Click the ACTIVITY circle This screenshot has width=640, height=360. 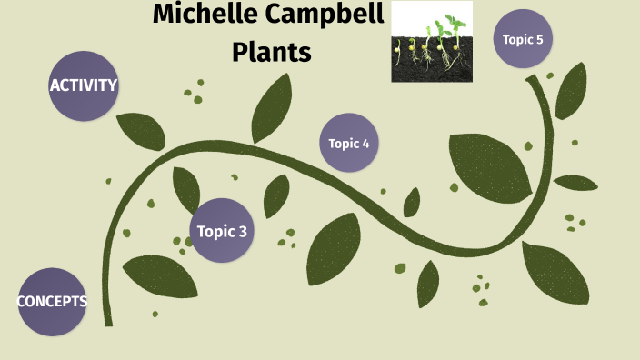click(x=84, y=85)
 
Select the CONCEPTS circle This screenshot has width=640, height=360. click(x=52, y=302)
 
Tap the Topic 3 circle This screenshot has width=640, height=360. click(x=222, y=231)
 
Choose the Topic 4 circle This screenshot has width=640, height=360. click(x=349, y=143)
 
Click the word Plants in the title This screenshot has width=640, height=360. click(x=271, y=53)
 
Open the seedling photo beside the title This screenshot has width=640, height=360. click(x=432, y=42)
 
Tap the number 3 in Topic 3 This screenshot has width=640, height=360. click(x=243, y=231)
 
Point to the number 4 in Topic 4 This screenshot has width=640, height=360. click(x=365, y=143)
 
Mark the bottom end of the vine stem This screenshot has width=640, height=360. click(x=107, y=320)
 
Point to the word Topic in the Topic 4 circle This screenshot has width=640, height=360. click(x=344, y=143)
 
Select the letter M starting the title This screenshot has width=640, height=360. click(x=163, y=15)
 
